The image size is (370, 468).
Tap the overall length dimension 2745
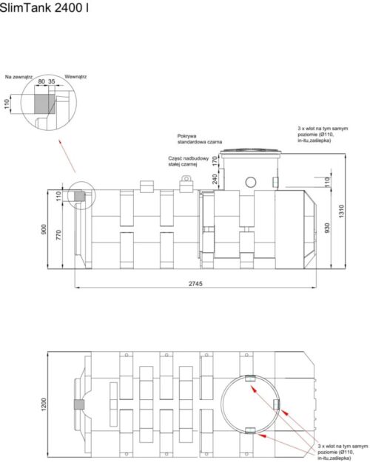195,283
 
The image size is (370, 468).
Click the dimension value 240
215,178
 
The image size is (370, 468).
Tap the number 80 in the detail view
41,82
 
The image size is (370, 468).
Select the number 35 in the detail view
53,82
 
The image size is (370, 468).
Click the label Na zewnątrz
19,75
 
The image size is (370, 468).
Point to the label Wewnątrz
76,75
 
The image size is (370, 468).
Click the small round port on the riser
251,182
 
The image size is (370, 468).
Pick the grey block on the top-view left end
78,405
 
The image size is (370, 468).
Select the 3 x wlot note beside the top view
340,453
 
